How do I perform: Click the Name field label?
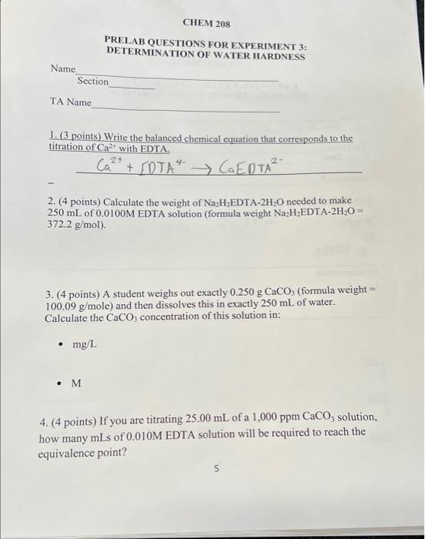tap(63, 69)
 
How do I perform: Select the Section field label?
tap(93, 82)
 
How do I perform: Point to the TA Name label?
tap(70, 102)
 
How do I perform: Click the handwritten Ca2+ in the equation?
tap(109, 165)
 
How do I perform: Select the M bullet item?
tap(75, 383)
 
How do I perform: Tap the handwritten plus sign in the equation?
tap(129, 167)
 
